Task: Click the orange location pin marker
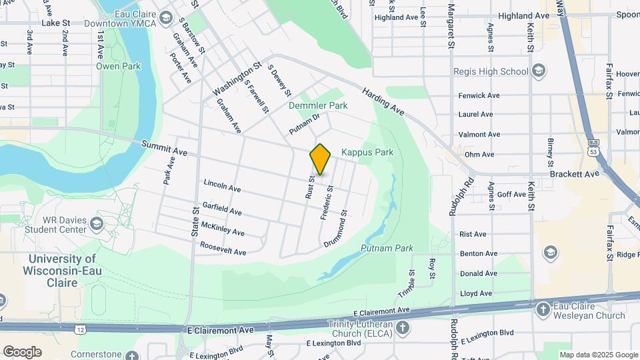tap(320, 159)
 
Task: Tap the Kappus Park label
tap(367, 153)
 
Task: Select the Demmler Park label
tap(318, 105)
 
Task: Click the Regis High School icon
tap(539, 71)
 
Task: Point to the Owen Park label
tap(119, 66)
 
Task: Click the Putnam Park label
tap(387, 248)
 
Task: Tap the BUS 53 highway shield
tap(593, 144)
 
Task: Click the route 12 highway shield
tap(80, 329)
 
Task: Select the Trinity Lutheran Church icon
tap(403, 327)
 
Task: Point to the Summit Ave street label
tap(164, 147)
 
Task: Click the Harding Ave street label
tap(383, 100)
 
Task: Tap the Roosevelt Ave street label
tap(223, 249)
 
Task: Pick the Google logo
tap(22, 351)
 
